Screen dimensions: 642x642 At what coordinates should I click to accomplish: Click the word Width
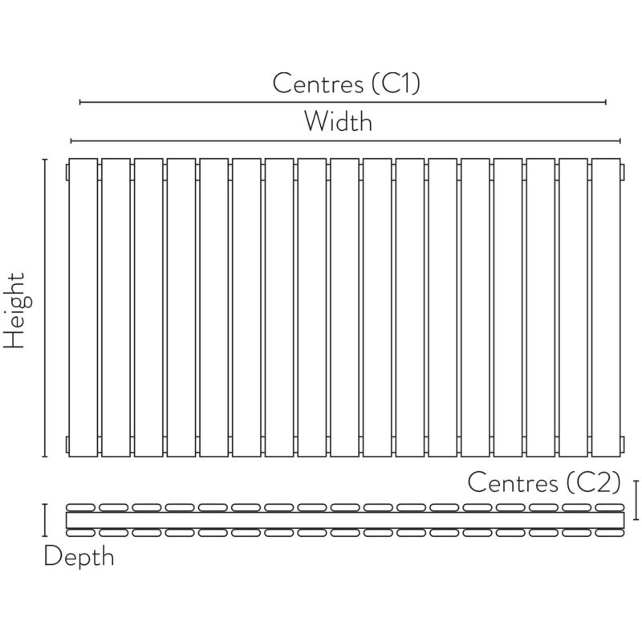[338, 121]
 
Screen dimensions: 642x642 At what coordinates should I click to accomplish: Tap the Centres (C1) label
[347, 83]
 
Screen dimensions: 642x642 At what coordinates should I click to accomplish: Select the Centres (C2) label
[544, 482]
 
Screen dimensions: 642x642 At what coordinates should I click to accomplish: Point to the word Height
[15, 311]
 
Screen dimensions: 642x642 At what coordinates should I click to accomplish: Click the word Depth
[79, 557]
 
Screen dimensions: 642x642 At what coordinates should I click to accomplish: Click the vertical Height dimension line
[45, 307]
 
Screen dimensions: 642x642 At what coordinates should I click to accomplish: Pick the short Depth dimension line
[45, 520]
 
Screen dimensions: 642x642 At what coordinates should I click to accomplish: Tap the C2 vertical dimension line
[636, 500]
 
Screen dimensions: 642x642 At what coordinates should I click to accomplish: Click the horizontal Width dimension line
[346, 141]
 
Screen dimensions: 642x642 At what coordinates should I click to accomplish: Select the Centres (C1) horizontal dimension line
[343, 102]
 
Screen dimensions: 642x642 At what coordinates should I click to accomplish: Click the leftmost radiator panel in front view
[83, 307]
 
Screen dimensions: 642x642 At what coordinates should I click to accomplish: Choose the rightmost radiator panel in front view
[606, 307]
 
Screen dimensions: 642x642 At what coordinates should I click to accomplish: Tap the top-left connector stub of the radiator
[67, 172]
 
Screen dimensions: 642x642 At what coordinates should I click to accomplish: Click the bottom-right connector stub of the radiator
[623, 445]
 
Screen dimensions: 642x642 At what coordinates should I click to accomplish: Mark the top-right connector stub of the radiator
[623, 172]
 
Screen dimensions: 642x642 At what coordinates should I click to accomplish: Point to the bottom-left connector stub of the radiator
[67, 445]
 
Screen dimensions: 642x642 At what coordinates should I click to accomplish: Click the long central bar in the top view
[345, 520]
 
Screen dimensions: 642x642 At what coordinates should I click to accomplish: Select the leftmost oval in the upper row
[81, 508]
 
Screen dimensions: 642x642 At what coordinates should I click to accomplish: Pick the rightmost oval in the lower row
[610, 533]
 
